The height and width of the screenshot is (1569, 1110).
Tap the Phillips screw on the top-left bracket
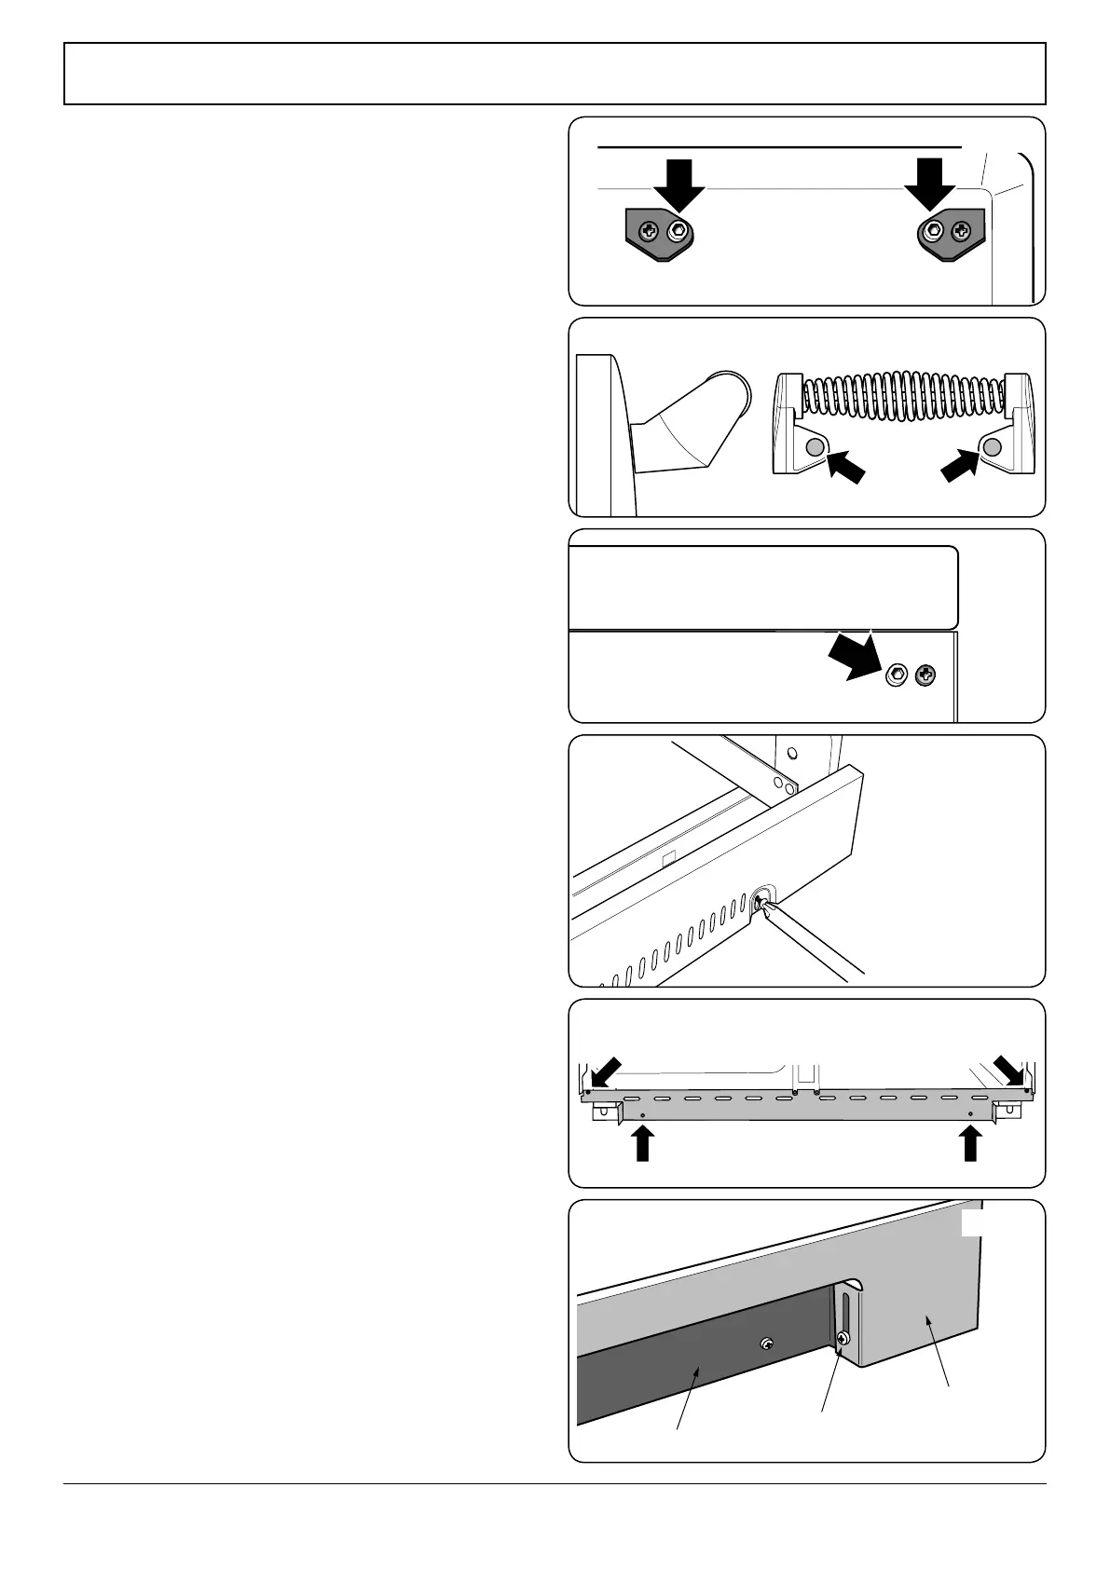click(x=651, y=231)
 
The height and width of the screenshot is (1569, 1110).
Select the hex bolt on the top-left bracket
click(x=679, y=231)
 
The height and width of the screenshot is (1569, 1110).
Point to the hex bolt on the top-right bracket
click(x=932, y=230)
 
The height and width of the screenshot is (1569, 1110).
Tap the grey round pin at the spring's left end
click(x=814, y=447)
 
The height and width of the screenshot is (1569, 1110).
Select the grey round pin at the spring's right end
click(x=993, y=447)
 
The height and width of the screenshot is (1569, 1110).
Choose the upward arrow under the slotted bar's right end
click(x=970, y=1142)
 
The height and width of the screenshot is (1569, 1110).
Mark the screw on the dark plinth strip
click(x=766, y=1343)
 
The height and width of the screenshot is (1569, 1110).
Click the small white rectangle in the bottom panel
click(x=971, y=1223)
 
